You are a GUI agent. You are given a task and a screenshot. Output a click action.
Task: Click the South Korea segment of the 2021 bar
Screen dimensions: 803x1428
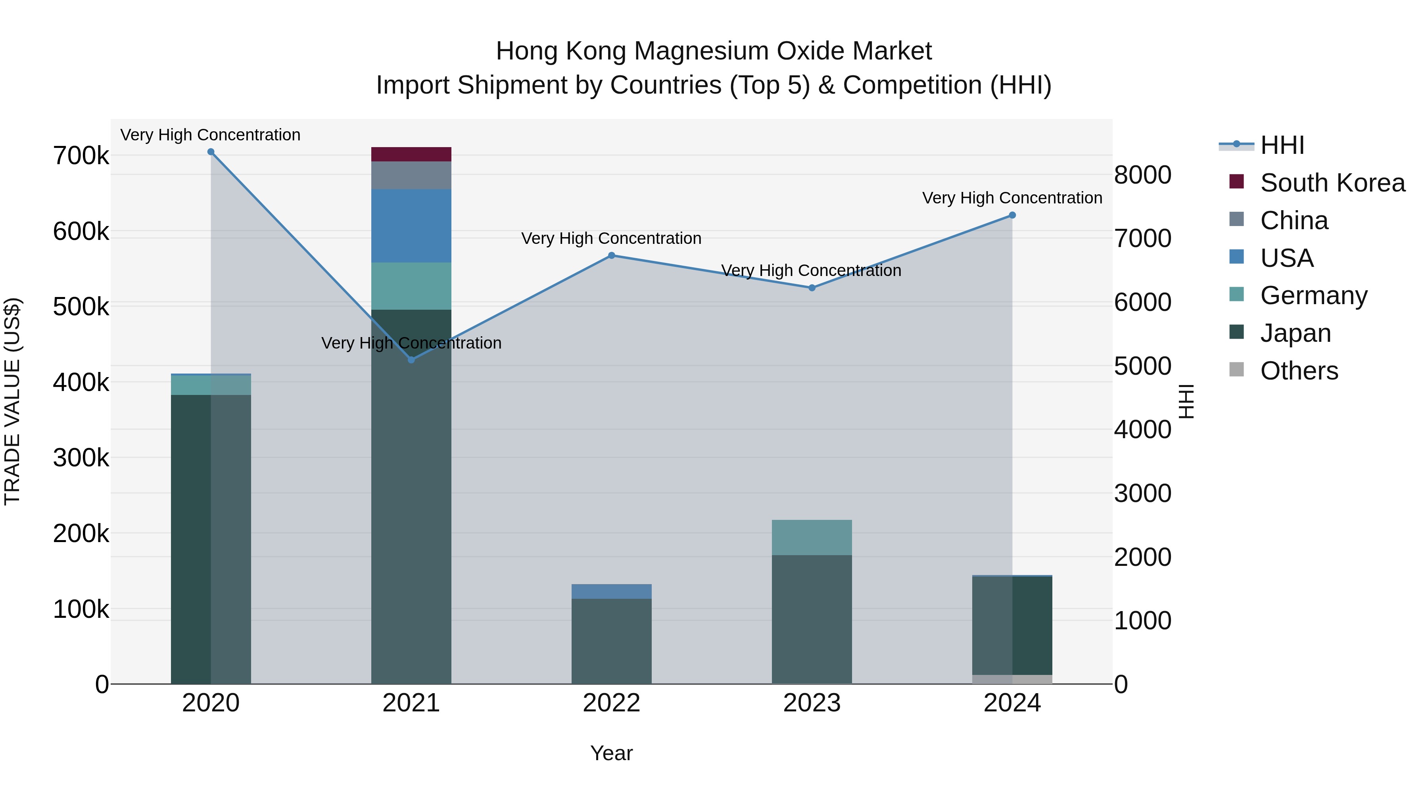click(411, 154)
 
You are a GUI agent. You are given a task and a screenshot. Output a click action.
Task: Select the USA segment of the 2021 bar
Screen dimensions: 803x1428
click(411, 226)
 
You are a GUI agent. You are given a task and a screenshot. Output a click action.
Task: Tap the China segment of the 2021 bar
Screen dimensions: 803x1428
click(411, 175)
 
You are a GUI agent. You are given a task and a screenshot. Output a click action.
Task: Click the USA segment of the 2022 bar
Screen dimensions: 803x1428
click(611, 591)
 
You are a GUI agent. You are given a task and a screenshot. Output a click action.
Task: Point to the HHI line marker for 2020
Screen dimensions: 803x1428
click(211, 152)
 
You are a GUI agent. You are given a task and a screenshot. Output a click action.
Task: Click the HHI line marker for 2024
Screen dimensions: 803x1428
click(1012, 215)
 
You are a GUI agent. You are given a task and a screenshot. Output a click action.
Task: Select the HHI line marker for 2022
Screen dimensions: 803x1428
click(611, 255)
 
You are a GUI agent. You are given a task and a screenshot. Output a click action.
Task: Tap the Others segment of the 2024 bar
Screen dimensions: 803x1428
click(1012, 679)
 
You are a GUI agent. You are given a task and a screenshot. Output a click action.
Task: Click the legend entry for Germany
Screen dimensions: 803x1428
click(1313, 295)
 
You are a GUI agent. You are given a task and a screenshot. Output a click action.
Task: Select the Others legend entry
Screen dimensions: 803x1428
click(1299, 371)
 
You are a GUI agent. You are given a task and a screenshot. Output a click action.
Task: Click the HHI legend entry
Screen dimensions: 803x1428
click(1282, 145)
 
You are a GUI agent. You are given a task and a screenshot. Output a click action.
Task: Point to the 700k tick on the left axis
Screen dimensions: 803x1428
click(81, 156)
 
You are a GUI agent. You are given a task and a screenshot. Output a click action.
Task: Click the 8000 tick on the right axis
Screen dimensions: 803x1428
click(1142, 175)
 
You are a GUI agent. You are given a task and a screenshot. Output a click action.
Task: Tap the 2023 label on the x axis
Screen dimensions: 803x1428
click(812, 703)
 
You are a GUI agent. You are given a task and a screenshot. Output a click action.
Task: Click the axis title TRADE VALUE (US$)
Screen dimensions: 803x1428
click(12, 401)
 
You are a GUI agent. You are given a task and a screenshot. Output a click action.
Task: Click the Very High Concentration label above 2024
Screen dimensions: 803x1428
click(1012, 198)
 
